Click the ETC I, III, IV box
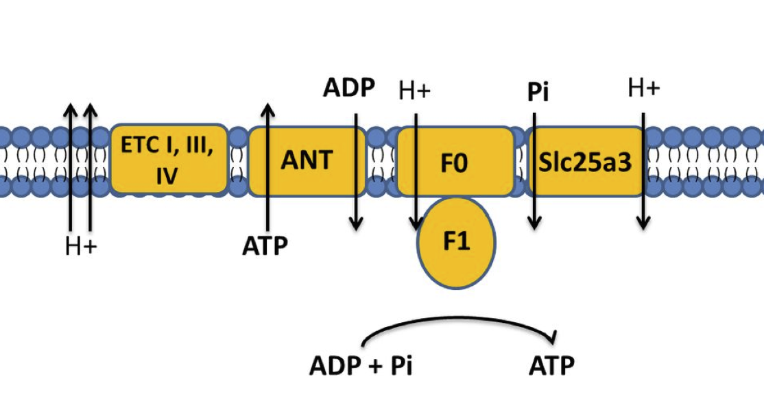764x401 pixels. (x=169, y=160)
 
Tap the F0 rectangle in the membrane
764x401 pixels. (x=455, y=165)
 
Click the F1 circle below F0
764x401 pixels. (x=457, y=243)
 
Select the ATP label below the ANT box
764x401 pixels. (x=265, y=245)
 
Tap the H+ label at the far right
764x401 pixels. (x=643, y=88)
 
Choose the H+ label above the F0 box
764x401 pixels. (x=414, y=90)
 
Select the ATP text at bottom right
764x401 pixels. (x=551, y=365)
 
